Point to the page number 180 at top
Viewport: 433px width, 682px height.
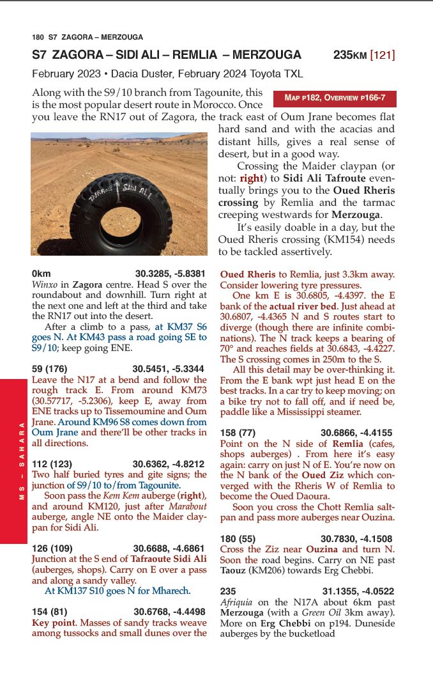pos(38,37)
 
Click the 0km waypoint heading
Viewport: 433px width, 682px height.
pos(41,272)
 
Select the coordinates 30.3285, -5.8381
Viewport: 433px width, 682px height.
pos(171,272)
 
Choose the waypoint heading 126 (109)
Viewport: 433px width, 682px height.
pos(54,548)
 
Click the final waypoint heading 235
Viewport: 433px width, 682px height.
pos(227,591)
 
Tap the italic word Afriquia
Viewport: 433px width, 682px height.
pos(236,602)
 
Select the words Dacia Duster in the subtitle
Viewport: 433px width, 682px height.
pos(141,74)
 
